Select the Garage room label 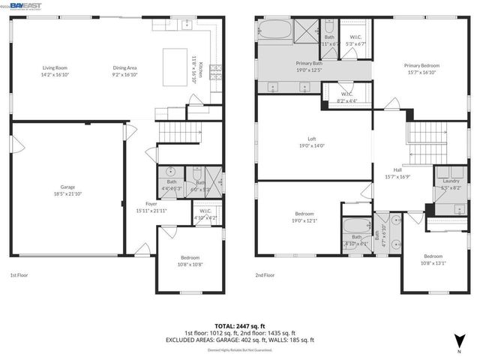tap(68, 190)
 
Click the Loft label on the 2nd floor tap(312, 142)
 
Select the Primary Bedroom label tap(421, 69)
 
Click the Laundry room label tap(451, 184)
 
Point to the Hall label tap(397, 173)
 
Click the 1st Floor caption tap(20, 275)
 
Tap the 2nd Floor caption tap(265, 275)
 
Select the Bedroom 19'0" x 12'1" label tap(304, 216)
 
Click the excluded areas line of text tap(240, 340)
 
